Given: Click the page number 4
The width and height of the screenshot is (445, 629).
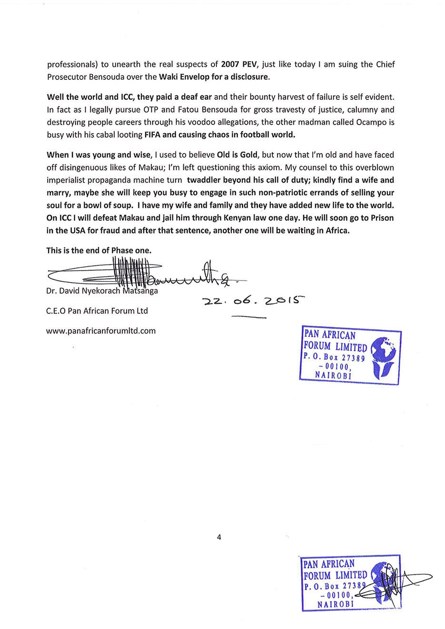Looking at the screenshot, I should click(x=219, y=537).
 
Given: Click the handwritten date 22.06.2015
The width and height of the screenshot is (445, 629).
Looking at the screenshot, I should click(x=253, y=301).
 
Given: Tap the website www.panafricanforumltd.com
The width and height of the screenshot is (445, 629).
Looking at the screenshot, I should click(x=101, y=330).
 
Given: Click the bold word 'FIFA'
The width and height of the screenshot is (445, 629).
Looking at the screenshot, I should click(x=152, y=135).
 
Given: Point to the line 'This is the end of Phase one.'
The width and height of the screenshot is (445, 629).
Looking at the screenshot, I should click(x=99, y=250).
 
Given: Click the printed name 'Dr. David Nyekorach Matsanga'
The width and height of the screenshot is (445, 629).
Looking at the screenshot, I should click(x=102, y=290).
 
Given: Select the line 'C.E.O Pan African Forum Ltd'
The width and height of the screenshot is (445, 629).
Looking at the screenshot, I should click(x=97, y=311).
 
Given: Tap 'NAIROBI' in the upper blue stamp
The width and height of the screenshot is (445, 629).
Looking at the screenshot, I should click(x=333, y=375).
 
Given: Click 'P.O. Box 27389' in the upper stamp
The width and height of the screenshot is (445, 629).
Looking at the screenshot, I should click(x=334, y=357).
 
